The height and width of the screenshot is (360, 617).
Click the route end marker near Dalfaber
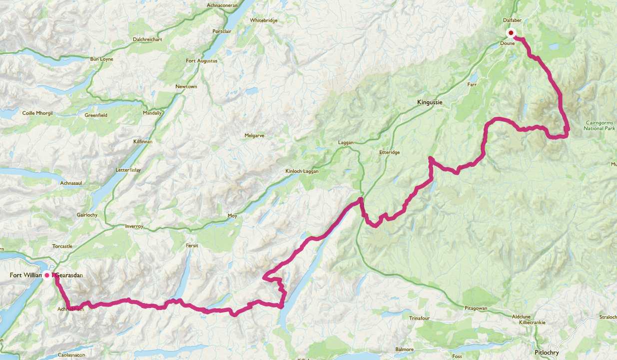[511, 33]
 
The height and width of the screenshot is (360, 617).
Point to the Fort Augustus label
[201, 61]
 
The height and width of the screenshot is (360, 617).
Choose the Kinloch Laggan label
[302, 171]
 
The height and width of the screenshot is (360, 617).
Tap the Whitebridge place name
[263, 20]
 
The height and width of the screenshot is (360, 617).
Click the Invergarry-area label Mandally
[152, 113]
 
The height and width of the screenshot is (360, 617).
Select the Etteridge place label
[390, 152]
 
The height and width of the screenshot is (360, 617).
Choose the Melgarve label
[254, 136]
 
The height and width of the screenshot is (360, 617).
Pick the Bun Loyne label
[101, 59]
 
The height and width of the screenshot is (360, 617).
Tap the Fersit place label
[192, 246]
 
